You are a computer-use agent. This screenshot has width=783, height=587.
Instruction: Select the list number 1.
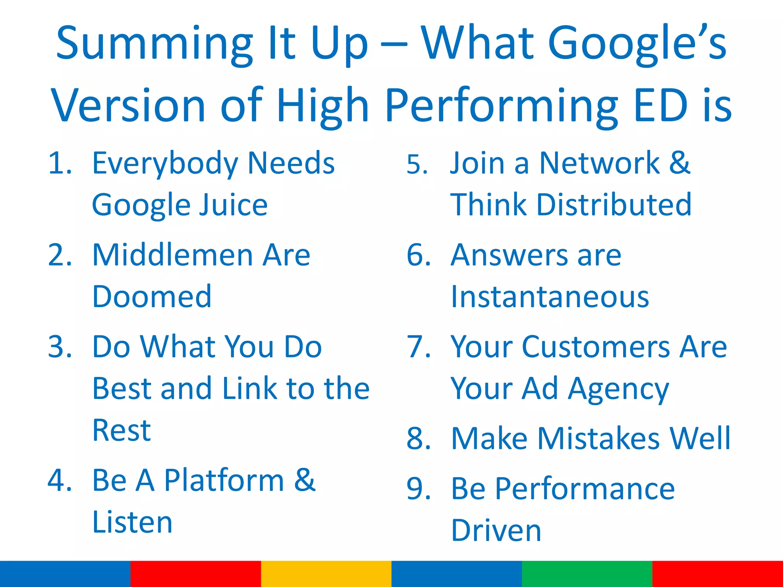point(59,164)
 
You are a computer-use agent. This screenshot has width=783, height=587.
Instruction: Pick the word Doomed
point(152,297)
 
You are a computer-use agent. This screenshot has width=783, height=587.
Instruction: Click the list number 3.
point(60,347)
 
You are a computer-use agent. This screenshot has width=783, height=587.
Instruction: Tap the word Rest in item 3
point(122,430)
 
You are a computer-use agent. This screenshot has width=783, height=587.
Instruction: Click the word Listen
point(132,522)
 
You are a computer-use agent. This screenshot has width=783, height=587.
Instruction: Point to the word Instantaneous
point(550,297)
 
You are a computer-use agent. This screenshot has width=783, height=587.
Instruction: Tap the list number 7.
point(418,347)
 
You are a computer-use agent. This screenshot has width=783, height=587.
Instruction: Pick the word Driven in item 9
point(496,530)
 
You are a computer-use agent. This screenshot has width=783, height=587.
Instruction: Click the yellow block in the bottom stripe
point(326,574)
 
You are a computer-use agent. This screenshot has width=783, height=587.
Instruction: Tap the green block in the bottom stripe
point(587,574)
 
